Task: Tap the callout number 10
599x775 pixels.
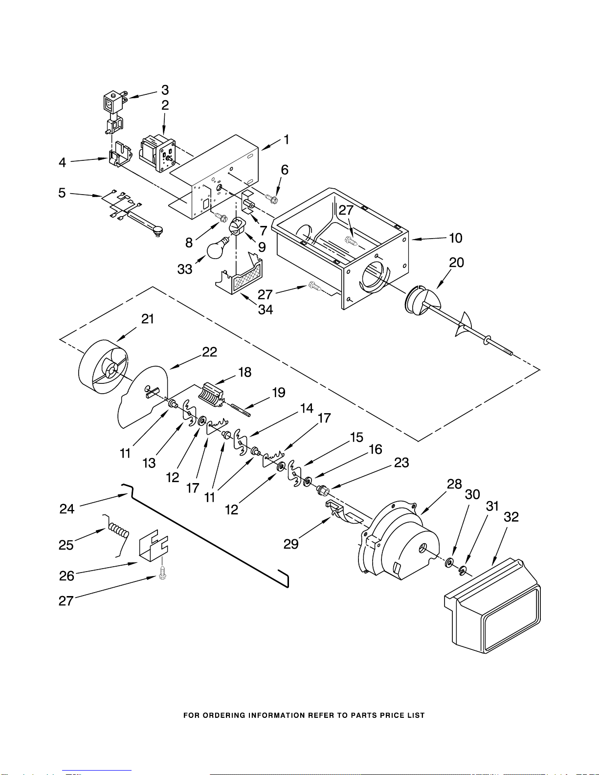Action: (455, 238)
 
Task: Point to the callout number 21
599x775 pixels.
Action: (148, 319)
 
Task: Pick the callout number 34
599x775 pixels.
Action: (266, 310)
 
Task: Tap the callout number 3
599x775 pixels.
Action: (165, 90)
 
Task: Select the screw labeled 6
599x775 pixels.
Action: (271, 199)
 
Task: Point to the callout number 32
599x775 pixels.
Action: (511, 517)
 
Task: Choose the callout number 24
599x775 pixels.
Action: (67, 509)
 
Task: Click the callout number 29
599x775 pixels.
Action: (291, 544)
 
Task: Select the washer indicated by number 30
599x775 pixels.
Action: (449, 563)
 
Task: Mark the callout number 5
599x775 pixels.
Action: (62, 193)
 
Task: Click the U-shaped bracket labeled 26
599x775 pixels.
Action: (154, 546)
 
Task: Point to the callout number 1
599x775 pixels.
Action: (287, 139)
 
